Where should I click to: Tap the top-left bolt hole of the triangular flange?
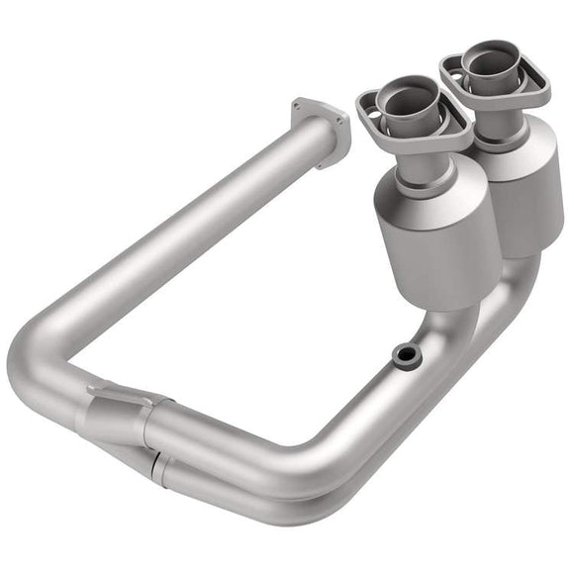[x=298, y=102]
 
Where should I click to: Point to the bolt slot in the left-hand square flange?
[x=368, y=100]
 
